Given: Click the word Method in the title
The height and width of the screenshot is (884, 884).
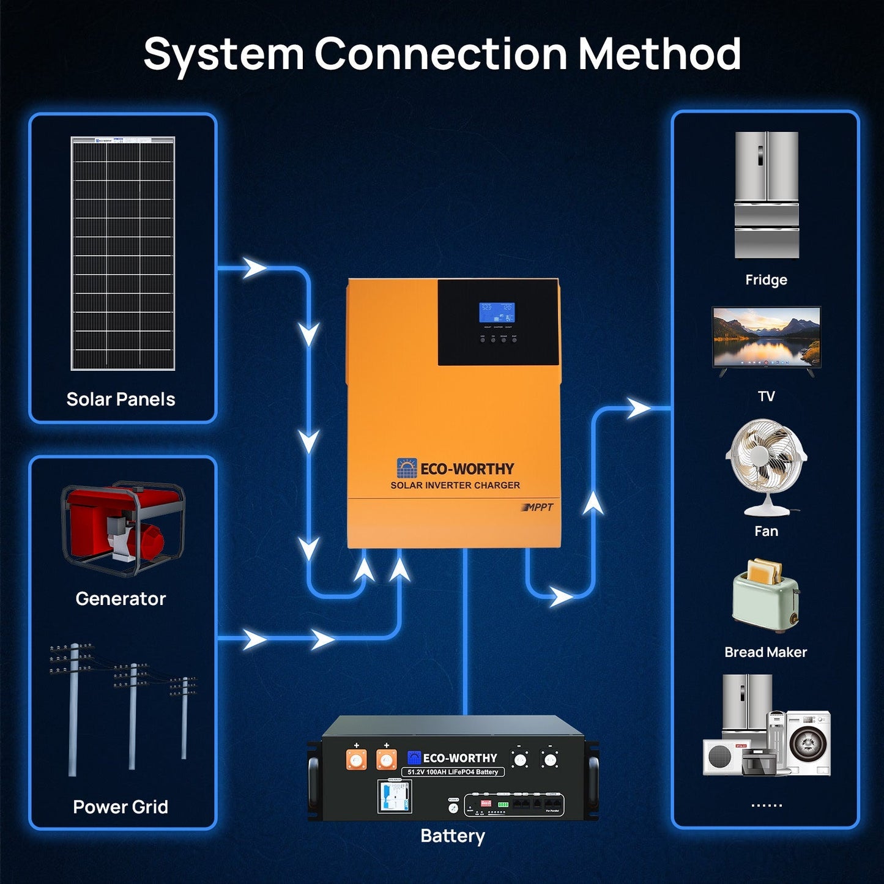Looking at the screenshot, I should pos(659,54).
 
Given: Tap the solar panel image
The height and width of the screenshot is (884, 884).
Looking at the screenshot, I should pos(123,253).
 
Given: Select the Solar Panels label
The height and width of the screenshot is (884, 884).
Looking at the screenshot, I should pos(121,399).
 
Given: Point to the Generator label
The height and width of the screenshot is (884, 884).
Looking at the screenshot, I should pos(121,598).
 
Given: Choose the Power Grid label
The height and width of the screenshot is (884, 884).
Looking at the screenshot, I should pos(121,807).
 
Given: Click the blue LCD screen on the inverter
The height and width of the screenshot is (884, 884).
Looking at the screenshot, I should pos(496,312).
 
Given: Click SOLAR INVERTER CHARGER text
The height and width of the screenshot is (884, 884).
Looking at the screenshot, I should pos(455,485).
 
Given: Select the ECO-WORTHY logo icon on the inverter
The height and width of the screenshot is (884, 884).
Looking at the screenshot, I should pos(406,469).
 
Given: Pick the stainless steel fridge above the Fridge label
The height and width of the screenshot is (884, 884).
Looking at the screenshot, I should pos(767,195).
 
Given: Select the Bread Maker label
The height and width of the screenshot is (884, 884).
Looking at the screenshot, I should pos(765,652).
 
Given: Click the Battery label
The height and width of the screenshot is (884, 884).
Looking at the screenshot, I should pos(453,836).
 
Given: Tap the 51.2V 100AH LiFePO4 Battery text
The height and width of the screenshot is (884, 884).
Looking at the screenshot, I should pos(453,772).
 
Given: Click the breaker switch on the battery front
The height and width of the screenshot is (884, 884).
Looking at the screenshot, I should pos(393,796).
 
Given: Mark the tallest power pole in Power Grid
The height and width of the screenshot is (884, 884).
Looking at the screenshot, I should pos(73,710).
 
